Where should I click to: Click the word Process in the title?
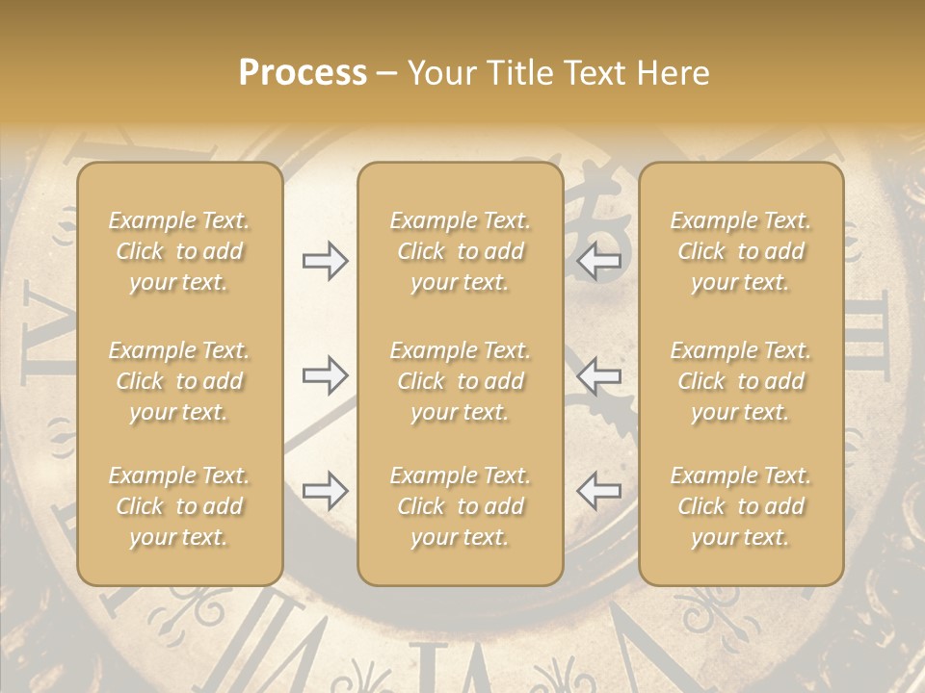tap(303, 73)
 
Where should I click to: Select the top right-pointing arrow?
tap(325, 260)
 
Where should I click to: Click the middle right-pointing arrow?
tap(325, 374)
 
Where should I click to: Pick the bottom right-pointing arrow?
tap(325, 491)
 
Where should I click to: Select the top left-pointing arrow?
tap(598, 260)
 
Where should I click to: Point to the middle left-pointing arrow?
tap(598, 374)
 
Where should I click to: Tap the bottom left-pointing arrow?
tap(598, 491)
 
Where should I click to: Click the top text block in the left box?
tap(179, 251)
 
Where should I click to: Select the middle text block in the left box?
tap(179, 381)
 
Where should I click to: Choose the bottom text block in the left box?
tap(179, 506)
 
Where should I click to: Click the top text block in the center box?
tap(461, 251)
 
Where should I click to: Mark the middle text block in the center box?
tap(461, 381)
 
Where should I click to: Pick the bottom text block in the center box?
tap(461, 506)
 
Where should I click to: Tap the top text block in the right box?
tap(741, 251)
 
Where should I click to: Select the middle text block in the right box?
tap(741, 381)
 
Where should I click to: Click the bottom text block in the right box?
tap(741, 506)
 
